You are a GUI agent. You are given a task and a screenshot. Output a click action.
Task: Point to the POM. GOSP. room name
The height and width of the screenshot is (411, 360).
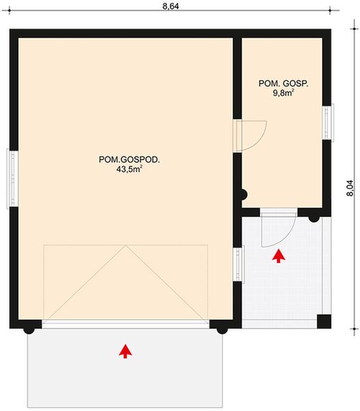coord(283,83)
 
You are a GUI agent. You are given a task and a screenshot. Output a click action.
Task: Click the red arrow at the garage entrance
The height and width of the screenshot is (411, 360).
coord(125,351)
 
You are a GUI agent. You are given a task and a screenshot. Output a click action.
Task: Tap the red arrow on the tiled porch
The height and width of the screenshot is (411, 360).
coord(278,256)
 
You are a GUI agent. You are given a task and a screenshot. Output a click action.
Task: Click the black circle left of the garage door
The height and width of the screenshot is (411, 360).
coord(29,328)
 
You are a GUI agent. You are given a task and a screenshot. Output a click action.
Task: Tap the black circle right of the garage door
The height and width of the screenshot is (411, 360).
coord(222,328)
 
